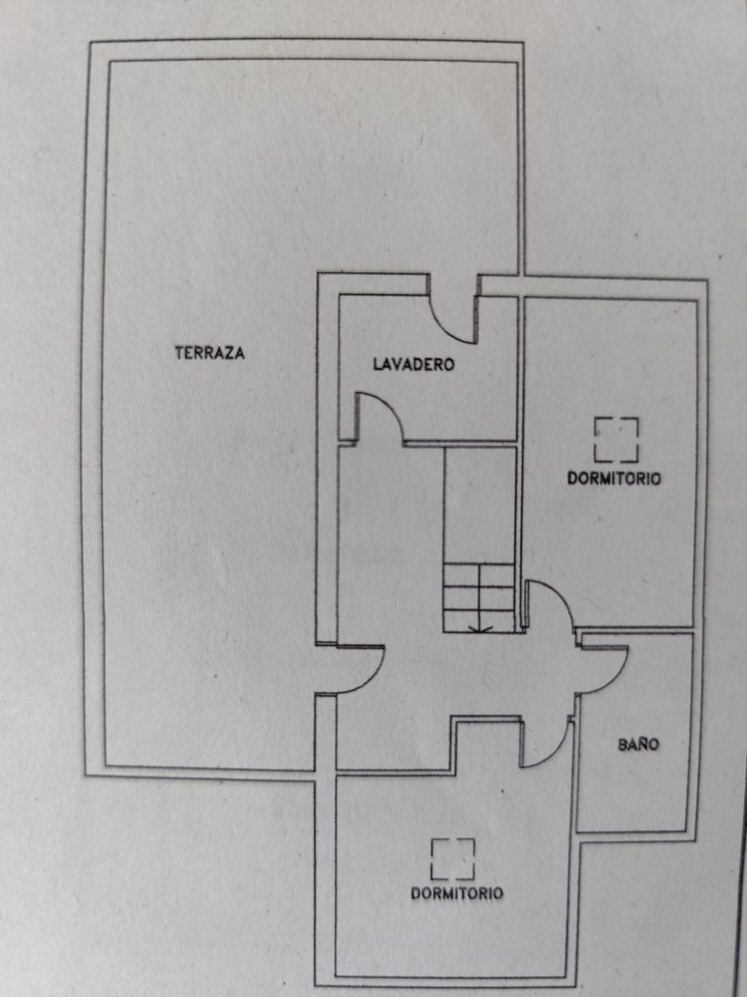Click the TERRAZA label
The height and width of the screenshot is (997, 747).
click(x=210, y=353)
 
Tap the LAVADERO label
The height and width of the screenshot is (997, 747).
click(x=414, y=364)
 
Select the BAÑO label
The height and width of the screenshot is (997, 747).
click(x=638, y=745)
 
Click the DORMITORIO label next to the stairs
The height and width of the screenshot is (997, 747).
click(x=614, y=479)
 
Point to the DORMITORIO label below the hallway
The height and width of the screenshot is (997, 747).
click(x=457, y=893)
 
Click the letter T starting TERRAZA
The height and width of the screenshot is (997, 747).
click(x=180, y=353)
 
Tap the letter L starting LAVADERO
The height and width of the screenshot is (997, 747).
click(x=377, y=364)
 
